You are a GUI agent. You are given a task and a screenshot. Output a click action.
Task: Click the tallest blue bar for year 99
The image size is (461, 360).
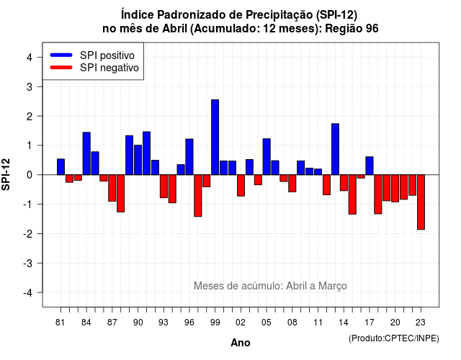pos(215,138)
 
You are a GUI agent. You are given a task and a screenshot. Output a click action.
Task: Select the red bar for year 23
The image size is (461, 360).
pos(421,202)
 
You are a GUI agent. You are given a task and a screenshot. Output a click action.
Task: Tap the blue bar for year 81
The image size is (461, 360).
pos(61,167)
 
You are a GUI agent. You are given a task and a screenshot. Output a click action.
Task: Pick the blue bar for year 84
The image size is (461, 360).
pos(86,153)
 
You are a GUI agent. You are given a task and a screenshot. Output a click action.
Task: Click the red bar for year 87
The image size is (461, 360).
pos(112,188)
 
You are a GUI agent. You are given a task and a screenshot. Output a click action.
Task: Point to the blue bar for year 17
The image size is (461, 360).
pos(370,166)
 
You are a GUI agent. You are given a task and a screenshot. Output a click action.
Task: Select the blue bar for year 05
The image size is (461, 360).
pos(267,157)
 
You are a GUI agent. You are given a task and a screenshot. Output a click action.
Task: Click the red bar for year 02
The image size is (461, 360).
pos(241,186)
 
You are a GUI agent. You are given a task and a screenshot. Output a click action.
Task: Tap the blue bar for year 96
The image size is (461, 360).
pos(189,157)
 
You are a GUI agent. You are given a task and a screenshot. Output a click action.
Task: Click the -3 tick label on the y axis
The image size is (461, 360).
pos(27,263)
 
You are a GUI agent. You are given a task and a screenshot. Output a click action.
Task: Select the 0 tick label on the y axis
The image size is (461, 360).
pos(30,175)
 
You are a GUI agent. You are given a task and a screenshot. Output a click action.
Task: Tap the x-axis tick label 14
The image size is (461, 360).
pos(344,323)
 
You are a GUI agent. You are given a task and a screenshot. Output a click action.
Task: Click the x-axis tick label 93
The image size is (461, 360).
pos(164,323)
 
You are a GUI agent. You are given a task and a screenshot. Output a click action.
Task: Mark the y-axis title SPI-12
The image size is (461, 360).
pos(6,174)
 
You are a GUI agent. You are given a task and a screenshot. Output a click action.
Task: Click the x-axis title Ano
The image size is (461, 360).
pos(241,343)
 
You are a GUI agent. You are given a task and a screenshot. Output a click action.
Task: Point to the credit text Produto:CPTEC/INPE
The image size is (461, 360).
pos(394,338)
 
